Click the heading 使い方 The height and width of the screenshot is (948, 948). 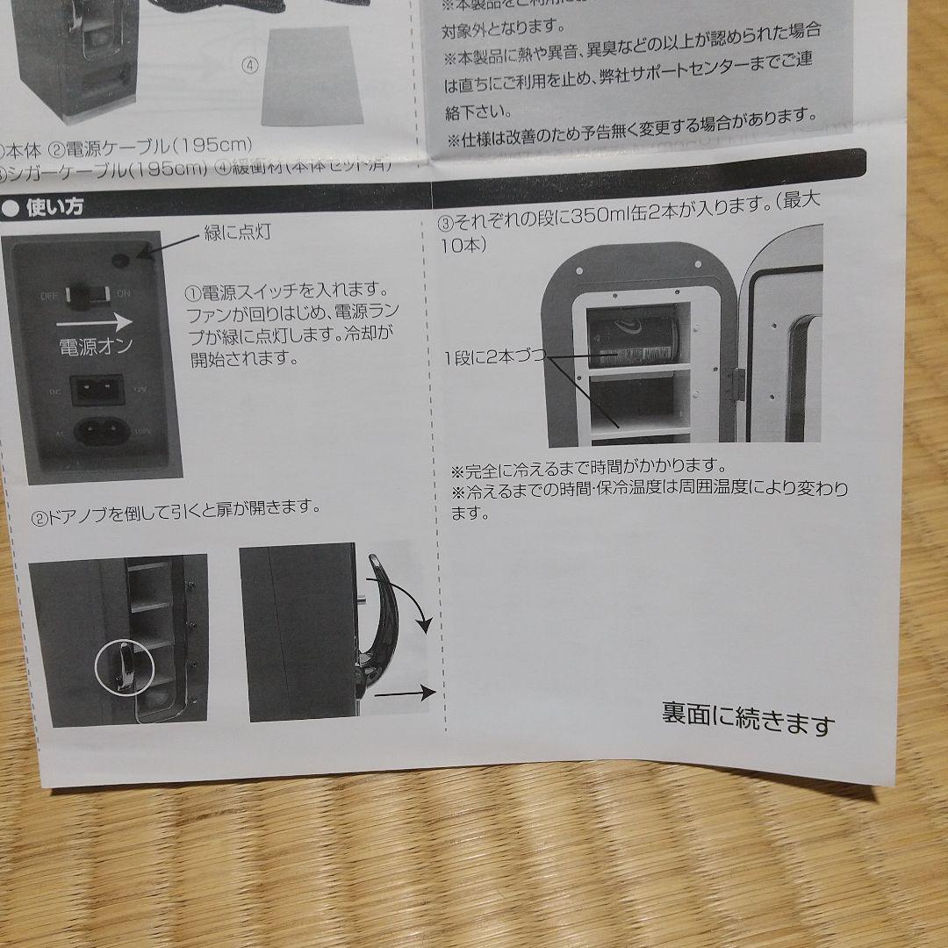point(55,208)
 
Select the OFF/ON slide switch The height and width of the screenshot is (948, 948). point(88,297)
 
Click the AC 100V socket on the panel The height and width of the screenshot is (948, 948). point(103,431)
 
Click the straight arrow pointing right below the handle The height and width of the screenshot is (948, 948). point(405,693)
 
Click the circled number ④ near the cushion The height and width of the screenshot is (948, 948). point(249,64)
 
